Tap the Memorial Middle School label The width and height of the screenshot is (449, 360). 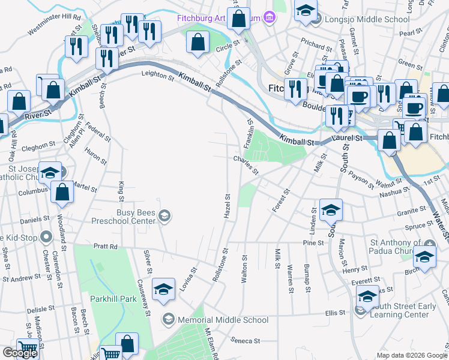coord(223,320)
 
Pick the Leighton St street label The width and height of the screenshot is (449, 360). coord(157,74)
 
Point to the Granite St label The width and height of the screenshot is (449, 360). coord(410,213)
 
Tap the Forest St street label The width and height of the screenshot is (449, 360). coord(280,199)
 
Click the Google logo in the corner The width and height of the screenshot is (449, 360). coord(20,353)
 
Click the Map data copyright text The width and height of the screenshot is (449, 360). coord(411,355)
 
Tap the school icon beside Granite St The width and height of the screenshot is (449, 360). coord(331,210)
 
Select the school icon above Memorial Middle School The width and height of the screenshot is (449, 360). coord(163,290)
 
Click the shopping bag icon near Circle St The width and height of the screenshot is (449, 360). coord(197,43)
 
